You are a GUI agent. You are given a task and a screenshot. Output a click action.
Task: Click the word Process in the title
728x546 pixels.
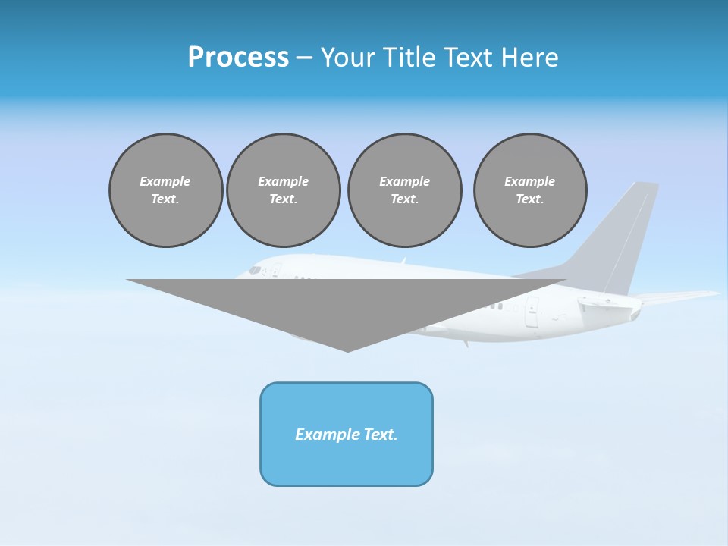[238, 58]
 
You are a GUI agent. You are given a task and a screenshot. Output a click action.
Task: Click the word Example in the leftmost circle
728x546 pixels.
[165, 181]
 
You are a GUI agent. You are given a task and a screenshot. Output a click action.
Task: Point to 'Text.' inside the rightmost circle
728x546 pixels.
[530, 199]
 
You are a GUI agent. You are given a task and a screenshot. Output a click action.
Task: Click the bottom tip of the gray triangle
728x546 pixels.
[348, 350]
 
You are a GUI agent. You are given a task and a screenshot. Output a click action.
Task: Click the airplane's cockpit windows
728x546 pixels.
[255, 269]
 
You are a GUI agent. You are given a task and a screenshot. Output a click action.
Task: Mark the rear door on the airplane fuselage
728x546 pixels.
[532, 311]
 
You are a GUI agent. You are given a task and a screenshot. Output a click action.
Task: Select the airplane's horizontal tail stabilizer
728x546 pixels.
[675, 297]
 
